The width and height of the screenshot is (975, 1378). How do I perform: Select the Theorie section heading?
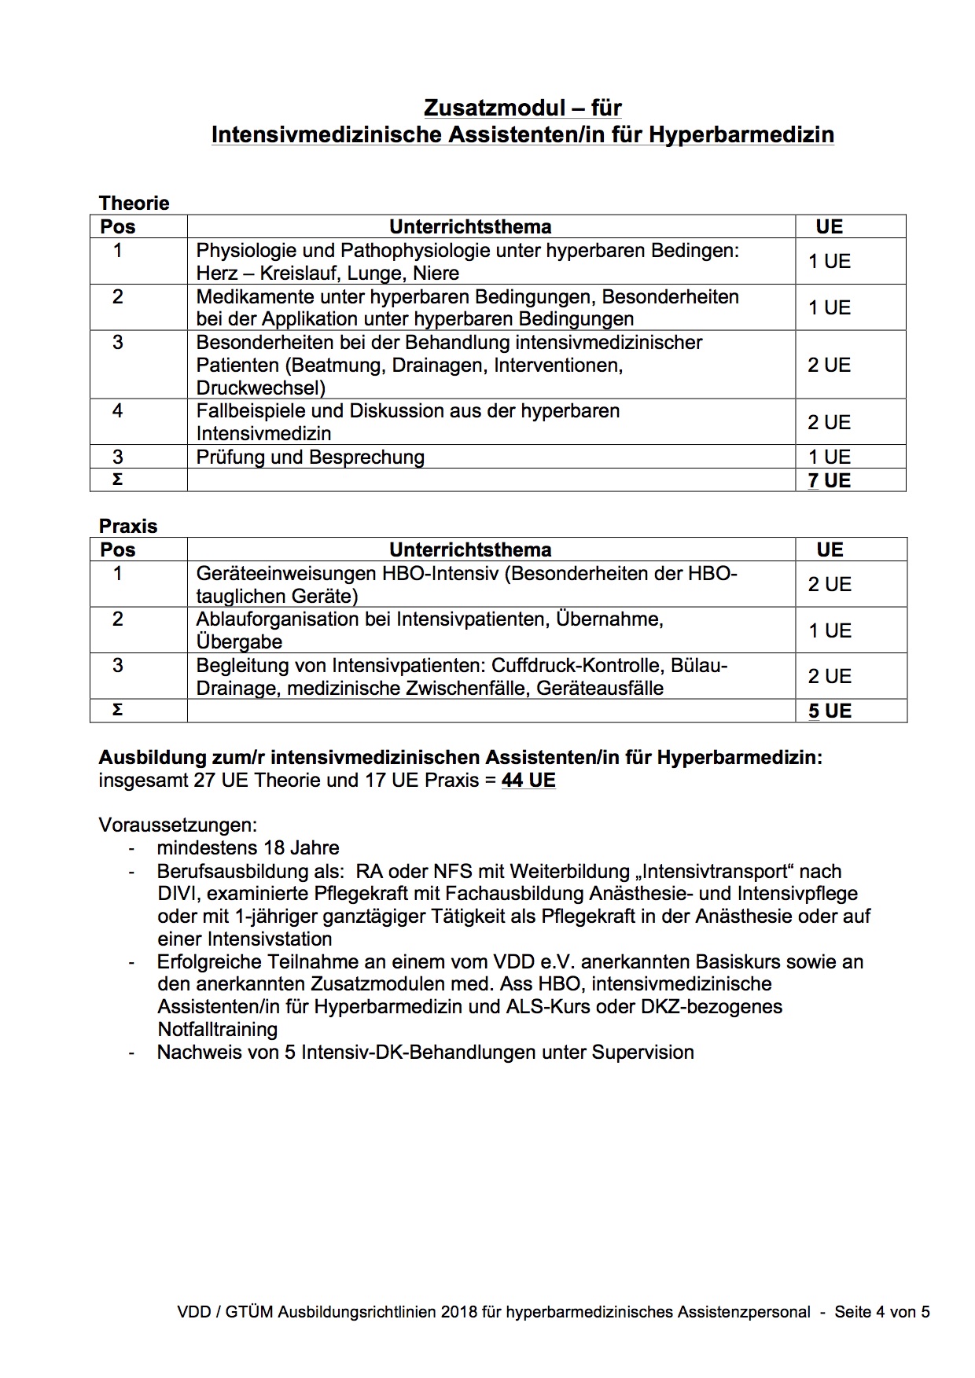click(x=134, y=203)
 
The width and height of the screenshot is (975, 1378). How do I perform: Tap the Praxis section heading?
click(x=128, y=526)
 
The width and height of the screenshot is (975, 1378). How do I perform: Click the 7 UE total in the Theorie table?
click(x=829, y=480)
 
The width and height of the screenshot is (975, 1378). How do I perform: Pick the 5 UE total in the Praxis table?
click(x=829, y=711)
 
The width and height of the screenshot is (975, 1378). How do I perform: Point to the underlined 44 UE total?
click(x=528, y=781)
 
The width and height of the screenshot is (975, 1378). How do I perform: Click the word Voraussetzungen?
click(x=178, y=825)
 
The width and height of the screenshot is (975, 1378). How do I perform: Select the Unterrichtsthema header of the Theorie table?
click(x=470, y=226)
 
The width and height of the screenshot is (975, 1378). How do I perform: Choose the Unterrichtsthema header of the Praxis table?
click(x=470, y=549)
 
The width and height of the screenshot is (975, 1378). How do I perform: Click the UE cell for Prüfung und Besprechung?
click(x=829, y=457)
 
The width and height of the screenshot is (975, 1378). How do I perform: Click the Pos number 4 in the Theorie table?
click(x=118, y=411)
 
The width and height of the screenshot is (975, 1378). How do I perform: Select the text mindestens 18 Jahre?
click(x=248, y=848)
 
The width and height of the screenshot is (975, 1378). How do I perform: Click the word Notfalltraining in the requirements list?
click(x=218, y=1029)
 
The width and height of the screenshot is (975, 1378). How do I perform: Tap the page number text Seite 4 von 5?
click(x=882, y=1311)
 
